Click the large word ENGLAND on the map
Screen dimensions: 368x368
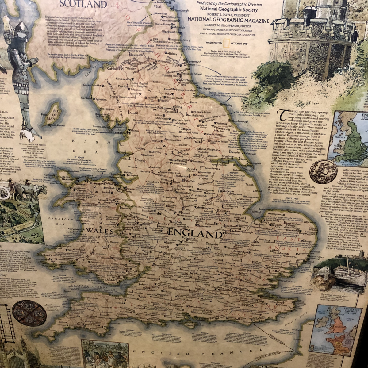tap(194, 234)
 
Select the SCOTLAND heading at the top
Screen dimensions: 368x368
tap(83, 4)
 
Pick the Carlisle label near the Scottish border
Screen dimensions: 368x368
tap(113, 69)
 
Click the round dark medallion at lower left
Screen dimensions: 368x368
tap(29, 313)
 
